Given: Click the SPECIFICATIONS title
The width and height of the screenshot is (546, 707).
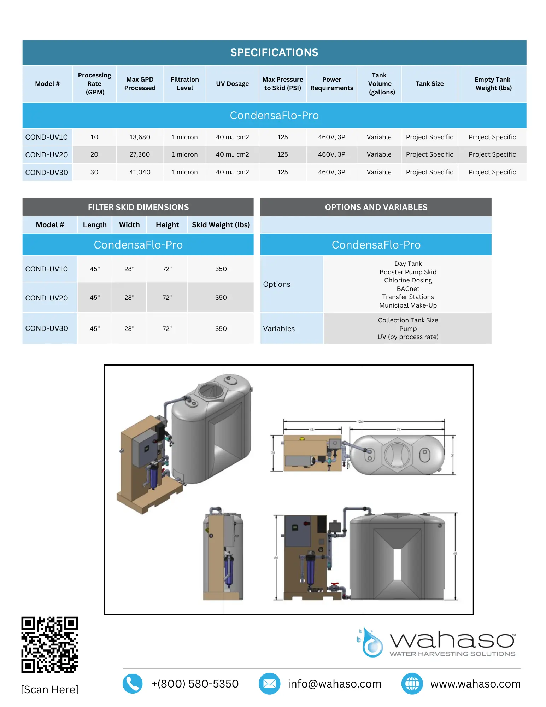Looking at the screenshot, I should click(x=274, y=53).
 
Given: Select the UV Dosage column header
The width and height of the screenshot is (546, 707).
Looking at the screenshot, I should click(x=232, y=84).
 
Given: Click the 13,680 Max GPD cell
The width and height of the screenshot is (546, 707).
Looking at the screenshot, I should click(x=140, y=137).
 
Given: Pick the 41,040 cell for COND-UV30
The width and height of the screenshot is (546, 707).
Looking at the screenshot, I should click(x=140, y=172).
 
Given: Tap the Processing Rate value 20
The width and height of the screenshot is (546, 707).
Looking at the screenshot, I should click(x=94, y=154).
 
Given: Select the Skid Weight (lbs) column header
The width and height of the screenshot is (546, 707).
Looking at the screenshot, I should click(x=221, y=225).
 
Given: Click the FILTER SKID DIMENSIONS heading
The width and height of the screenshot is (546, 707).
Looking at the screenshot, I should click(x=138, y=207).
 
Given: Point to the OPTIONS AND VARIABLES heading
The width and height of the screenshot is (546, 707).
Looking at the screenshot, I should click(x=376, y=207).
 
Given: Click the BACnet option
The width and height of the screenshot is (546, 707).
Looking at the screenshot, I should click(x=408, y=289).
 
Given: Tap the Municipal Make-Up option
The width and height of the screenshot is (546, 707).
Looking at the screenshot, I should click(x=408, y=305).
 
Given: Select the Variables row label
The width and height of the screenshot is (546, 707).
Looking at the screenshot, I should click(x=279, y=329).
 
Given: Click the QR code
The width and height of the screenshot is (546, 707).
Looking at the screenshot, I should click(x=49, y=644).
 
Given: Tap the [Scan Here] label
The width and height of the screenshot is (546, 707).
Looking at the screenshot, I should click(x=49, y=689).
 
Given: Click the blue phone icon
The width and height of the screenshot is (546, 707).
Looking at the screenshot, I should click(x=133, y=684).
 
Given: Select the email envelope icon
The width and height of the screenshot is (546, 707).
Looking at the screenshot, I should click(x=269, y=684).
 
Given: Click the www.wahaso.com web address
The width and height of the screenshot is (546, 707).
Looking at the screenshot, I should click(x=475, y=684).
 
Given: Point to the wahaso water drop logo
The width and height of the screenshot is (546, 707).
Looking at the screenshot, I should click(x=370, y=643).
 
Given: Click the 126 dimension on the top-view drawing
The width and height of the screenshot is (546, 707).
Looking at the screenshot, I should click(x=360, y=421).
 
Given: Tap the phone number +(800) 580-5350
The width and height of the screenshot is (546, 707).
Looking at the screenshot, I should click(x=195, y=684).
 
